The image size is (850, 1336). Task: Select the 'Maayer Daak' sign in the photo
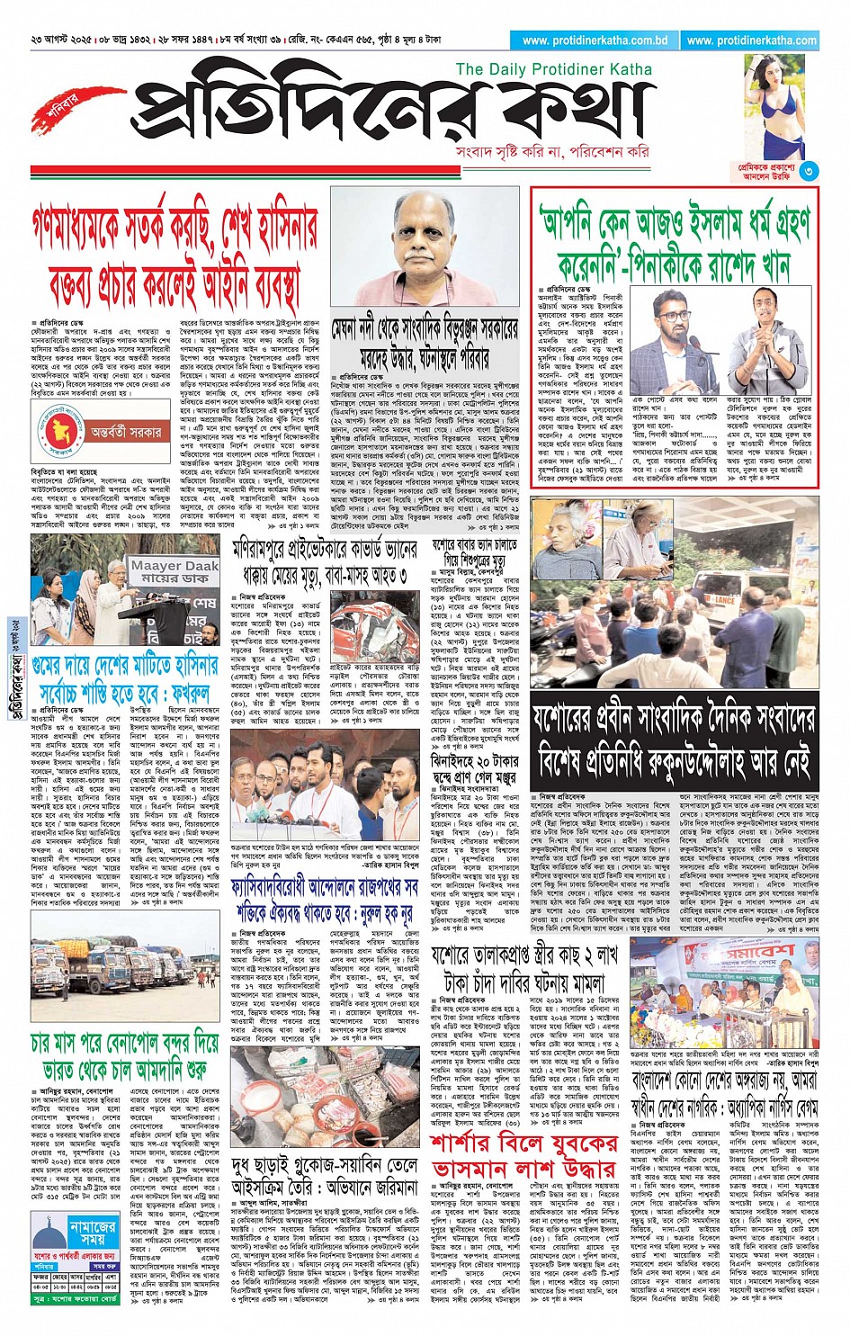174,570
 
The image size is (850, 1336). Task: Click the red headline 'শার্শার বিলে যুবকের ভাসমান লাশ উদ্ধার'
523,1155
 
